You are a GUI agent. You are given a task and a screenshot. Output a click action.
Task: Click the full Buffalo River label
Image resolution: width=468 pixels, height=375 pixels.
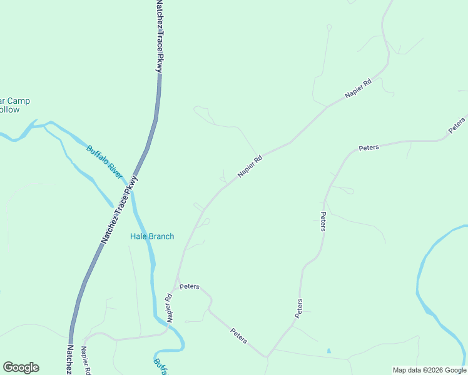[104, 162]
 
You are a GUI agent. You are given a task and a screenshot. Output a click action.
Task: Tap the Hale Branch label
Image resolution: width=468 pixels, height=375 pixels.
[152, 236]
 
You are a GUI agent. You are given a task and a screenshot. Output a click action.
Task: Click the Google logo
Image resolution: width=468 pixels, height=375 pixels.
[21, 367]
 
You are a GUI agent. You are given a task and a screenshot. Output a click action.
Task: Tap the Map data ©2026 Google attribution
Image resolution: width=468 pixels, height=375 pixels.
[429, 370]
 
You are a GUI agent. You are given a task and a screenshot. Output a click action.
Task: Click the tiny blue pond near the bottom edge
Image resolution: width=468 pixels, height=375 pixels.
[328, 351]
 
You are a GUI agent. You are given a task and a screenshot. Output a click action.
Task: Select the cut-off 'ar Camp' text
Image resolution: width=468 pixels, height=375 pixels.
[15, 101]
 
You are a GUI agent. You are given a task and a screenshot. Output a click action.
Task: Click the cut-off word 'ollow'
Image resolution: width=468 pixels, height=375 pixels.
[10, 109]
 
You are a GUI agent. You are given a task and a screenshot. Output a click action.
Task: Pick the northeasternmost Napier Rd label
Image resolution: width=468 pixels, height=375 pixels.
[358, 89]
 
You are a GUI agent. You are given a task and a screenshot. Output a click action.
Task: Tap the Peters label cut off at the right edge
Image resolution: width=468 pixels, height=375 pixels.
[457, 124]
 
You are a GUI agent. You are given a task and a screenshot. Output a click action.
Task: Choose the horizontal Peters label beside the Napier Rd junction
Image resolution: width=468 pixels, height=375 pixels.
[189, 286]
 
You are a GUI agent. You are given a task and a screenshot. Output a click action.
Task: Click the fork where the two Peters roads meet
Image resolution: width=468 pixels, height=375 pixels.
[268, 356]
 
